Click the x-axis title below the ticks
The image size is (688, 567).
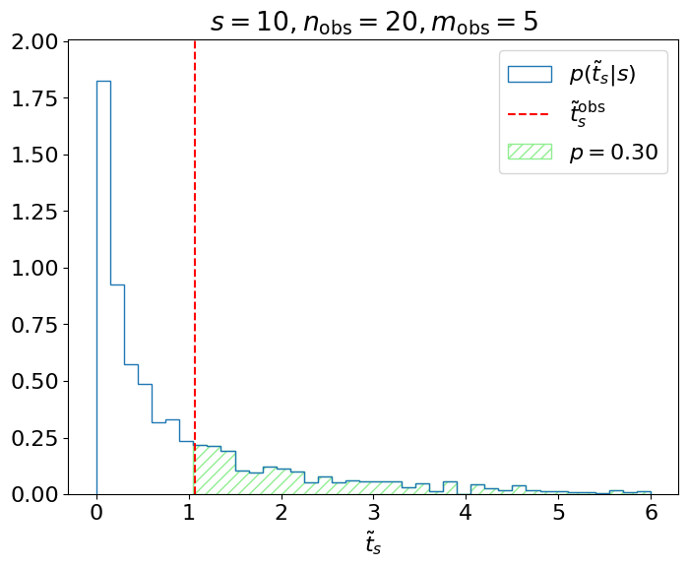click(373, 544)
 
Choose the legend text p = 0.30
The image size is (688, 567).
click(613, 153)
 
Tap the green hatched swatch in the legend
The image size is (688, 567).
click(530, 153)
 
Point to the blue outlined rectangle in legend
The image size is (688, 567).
click(530, 75)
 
